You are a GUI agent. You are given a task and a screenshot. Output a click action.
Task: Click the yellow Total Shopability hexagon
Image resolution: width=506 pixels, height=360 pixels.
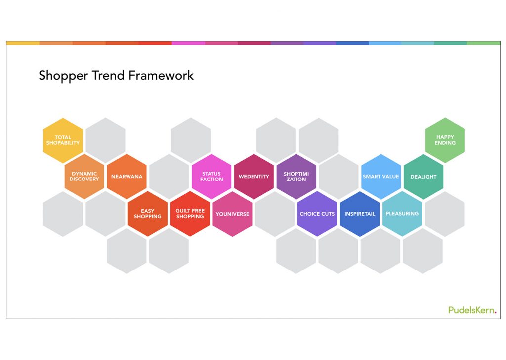(63, 140)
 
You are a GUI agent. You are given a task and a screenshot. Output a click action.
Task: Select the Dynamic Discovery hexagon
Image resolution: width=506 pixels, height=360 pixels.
(84, 176)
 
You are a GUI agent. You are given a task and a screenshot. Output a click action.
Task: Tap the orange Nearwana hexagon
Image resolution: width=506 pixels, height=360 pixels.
(127, 176)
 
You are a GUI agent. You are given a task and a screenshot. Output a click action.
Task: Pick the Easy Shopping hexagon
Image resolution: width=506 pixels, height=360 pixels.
(148, 214)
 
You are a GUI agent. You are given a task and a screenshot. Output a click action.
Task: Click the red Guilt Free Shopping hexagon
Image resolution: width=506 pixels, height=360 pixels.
(190, 214)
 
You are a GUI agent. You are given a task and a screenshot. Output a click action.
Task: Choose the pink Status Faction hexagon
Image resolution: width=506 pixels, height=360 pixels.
(211, 176)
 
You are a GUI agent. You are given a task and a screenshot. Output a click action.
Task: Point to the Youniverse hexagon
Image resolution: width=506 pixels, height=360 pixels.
(232, 214)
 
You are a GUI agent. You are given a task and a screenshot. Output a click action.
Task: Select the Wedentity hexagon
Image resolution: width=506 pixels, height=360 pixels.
(254, 176)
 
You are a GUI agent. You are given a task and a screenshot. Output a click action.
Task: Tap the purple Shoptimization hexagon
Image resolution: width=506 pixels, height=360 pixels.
(296, 176)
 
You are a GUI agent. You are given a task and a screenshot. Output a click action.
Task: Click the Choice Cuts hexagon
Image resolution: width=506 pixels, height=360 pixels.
(317, 214)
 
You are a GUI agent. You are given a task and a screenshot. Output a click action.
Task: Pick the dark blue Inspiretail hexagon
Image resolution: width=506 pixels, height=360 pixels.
(360, 214)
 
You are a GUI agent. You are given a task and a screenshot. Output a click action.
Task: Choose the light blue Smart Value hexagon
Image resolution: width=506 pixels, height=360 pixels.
(381, 176)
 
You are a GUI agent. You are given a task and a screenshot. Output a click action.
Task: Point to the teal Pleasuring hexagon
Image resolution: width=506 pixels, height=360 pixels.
(402, 214)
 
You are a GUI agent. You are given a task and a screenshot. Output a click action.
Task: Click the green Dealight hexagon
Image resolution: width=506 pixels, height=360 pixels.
(423, 176)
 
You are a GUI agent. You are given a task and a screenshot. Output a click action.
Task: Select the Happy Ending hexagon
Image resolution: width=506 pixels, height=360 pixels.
(445, 140)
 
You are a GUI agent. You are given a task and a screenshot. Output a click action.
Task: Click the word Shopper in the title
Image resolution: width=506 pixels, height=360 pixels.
(63, 76)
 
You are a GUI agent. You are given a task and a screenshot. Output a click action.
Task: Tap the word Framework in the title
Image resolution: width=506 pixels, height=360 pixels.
(161, 75)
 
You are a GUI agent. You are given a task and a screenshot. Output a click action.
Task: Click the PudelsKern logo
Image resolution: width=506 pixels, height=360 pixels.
(472, 310)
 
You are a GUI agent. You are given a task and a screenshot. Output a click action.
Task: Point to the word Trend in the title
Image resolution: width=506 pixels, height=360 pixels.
(108, 75)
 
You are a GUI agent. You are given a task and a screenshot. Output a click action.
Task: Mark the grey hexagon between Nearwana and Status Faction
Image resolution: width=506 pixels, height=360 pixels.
(169, 176)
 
